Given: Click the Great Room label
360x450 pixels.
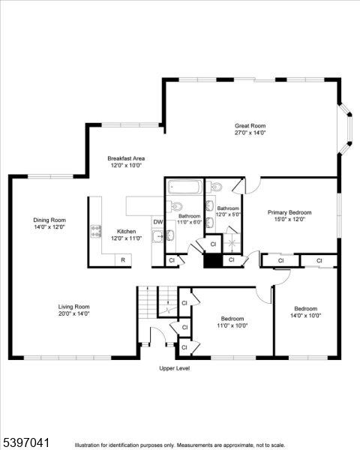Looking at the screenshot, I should [250, 129].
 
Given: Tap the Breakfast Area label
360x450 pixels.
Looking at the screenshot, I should [126, 162].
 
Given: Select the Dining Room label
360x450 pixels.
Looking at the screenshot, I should [49, 223].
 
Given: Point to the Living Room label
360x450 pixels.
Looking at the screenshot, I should [74, 310].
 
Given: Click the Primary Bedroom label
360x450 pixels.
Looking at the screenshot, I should [289, 216].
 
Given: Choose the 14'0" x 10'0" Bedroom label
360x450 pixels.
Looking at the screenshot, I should [305, 312].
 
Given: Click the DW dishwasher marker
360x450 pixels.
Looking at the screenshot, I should [158, 222].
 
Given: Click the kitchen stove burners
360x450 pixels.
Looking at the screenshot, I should [95, 231].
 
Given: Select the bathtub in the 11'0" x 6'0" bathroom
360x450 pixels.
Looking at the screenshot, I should [183, 187].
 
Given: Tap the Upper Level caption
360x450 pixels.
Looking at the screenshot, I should [174, 368].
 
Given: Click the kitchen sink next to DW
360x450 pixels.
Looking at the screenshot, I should [158, 238].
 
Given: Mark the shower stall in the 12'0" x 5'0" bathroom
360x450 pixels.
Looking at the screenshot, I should [233, 241].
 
